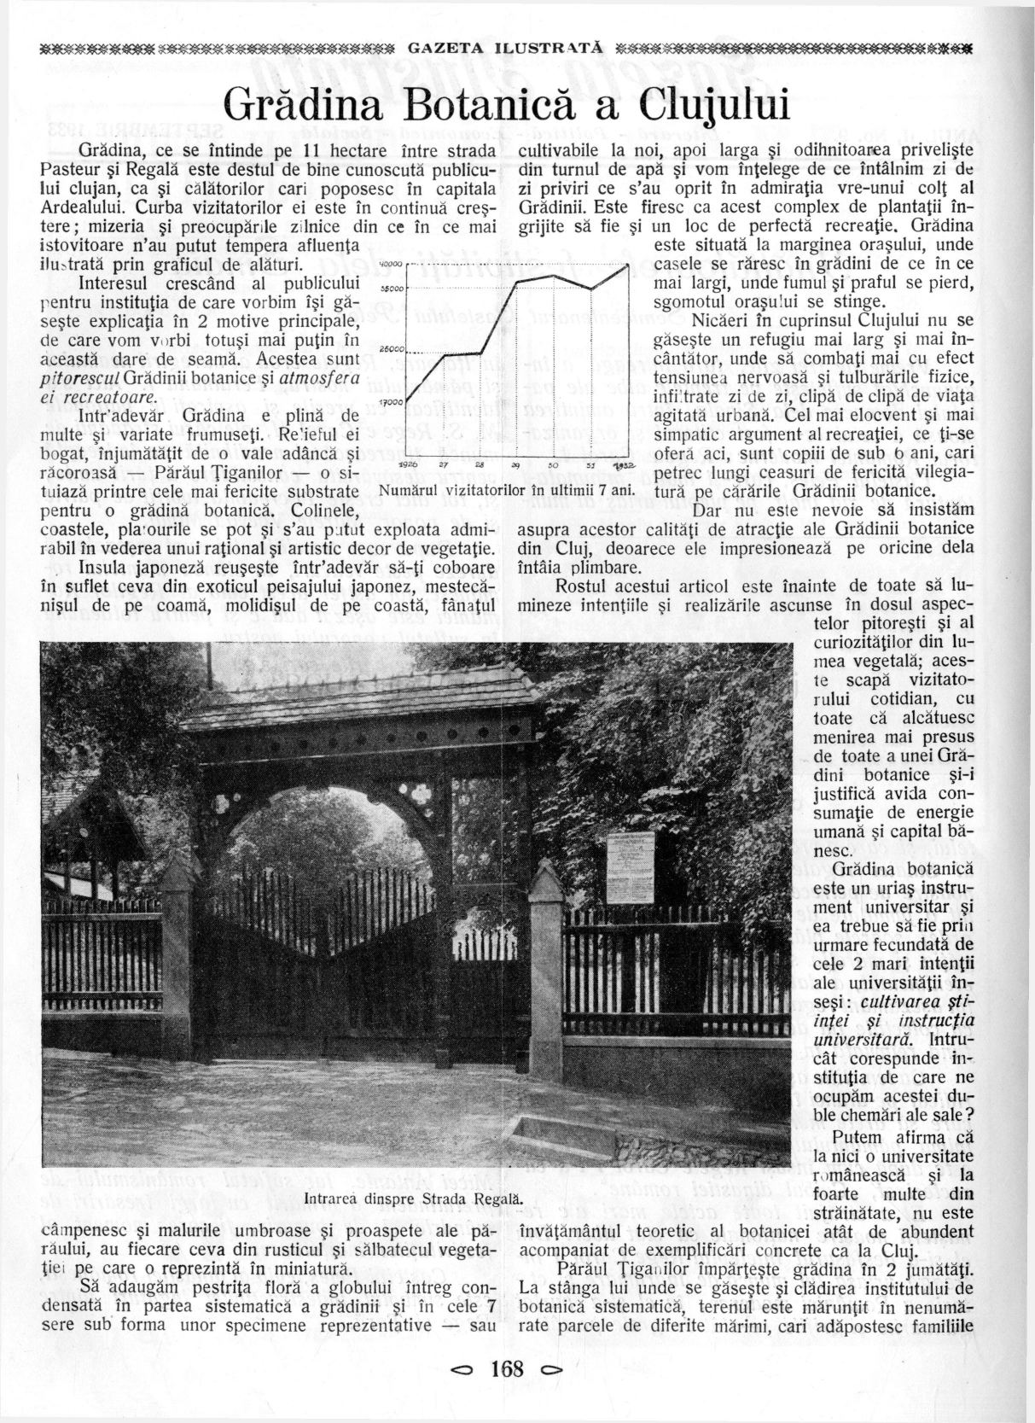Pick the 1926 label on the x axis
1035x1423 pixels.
(x=409, y=464)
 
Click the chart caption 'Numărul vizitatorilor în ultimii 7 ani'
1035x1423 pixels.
(x=508, y=492)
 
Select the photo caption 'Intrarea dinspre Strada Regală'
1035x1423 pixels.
(x=412, y=1199)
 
